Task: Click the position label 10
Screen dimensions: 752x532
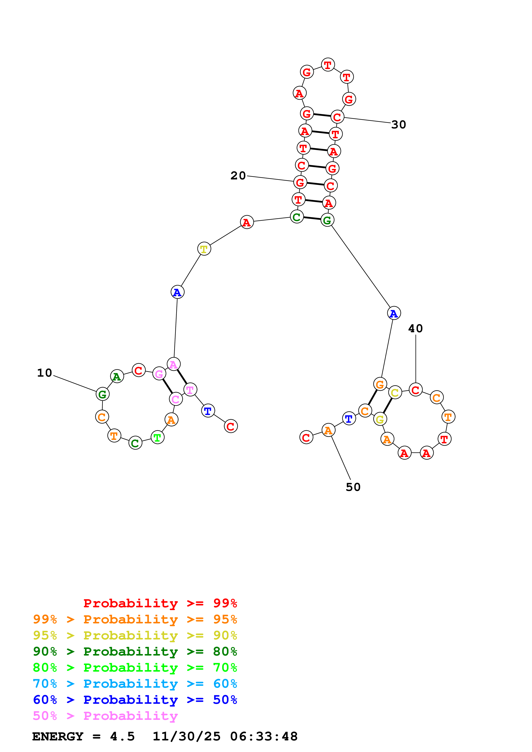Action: (45, 373)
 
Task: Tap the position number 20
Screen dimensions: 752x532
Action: (238, 176)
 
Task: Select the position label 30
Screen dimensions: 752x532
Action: (399, 125)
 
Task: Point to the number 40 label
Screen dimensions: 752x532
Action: (415, 328)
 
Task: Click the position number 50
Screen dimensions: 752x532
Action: (353, 487)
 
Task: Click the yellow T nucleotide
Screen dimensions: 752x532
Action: (204, 249)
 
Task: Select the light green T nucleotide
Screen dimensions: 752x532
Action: (157, 437)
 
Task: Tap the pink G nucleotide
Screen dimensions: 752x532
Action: (159, 373)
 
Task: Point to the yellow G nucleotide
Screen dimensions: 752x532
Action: (380, 419)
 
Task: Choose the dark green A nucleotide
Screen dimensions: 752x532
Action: (117, 376)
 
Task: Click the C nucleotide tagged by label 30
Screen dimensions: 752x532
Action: (337, 117)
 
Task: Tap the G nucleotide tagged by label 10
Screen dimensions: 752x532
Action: (102, 394)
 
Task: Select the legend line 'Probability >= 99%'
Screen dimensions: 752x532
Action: (160, 603)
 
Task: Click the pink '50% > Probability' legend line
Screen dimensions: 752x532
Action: (105, 716)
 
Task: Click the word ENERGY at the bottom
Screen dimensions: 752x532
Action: (58, 737)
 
